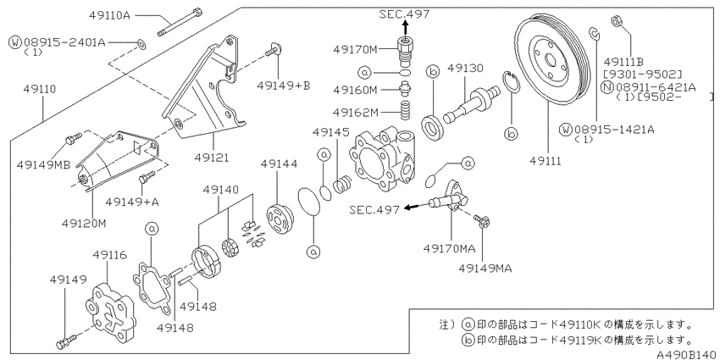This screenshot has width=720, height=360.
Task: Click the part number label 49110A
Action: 109,15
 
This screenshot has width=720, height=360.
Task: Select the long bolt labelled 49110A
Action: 180,21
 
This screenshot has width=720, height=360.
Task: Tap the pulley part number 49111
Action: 545,161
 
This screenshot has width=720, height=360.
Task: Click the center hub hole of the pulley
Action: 550,58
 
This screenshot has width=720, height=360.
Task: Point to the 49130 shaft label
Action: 465,69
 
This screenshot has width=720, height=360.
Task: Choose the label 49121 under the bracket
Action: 212,158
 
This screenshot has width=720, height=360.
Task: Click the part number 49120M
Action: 85,223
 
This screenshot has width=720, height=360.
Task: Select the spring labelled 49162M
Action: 405,111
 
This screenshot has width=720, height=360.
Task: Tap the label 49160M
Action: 356,90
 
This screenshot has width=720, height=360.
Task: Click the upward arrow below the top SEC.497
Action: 405,29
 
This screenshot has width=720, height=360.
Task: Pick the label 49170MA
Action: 449,248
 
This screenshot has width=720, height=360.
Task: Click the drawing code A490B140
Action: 686,354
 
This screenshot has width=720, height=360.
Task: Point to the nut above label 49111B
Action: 617,21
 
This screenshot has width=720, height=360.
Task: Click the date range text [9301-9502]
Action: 642,74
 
